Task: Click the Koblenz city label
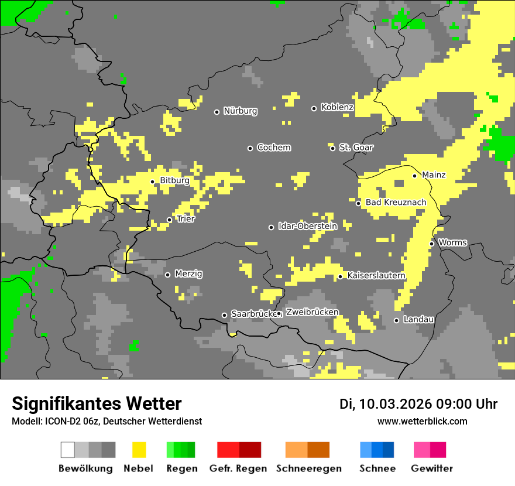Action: pos(337,107)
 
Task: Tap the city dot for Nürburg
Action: pos(217,111)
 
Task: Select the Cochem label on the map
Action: pos(273,148)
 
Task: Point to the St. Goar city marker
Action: pos(332,148)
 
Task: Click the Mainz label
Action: pos(434,174)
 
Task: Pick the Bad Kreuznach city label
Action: pos(396,202)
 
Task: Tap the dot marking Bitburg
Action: pos(153,182)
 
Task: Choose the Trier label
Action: pos(186,219)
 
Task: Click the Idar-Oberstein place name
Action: pos(307,226)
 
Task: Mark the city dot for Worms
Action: pos(432,244)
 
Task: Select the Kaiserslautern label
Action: pos(376,275)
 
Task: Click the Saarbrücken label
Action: pos(253,314)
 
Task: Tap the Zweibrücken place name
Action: pos(312,312)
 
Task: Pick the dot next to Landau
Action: pos(396,320)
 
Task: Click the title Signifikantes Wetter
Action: pos(97,403)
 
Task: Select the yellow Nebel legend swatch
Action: pos(139,450)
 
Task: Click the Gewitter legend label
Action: pos(431,468)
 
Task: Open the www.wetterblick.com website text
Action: pos(422,421)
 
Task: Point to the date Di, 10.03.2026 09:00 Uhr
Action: pos(418,404)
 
